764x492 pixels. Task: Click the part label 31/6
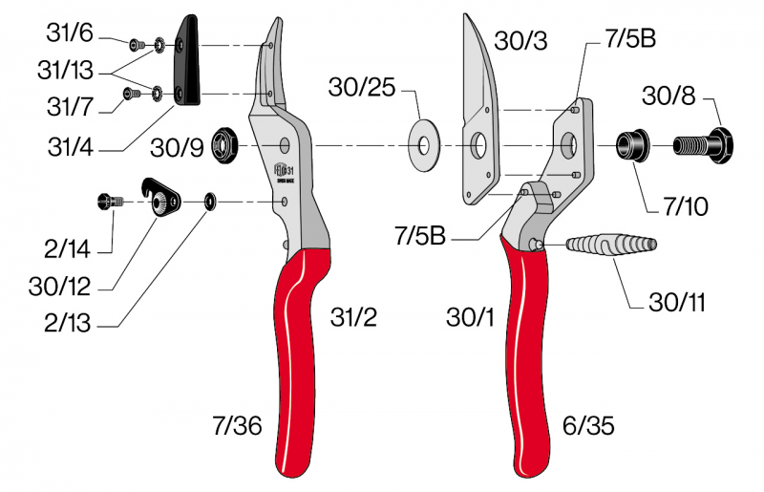pos(71,32)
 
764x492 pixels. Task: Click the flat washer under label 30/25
pos(420,146)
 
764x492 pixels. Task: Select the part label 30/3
pos(520,42)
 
